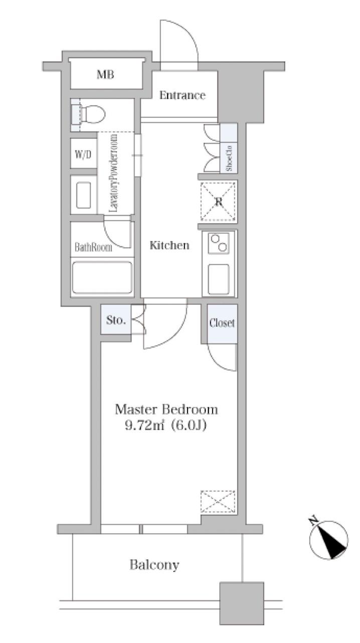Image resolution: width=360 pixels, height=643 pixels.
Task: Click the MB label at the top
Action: (105, 75)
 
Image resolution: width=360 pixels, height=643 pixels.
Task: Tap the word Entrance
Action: (183, 95)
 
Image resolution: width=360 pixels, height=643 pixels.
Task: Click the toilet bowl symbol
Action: (91, 114)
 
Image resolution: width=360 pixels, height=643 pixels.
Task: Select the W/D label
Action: (83, 154)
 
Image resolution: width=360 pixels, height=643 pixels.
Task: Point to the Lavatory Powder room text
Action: (114, 173)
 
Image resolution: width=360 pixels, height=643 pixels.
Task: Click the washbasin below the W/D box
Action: (84, 195)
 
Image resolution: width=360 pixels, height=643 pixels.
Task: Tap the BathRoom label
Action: (93, 247)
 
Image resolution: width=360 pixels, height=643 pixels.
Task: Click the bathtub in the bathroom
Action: (102, 278)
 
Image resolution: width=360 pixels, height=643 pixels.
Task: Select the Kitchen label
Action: (169, 246)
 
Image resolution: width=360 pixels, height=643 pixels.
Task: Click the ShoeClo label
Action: (229, 158)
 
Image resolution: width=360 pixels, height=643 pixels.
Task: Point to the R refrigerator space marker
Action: (218, 201)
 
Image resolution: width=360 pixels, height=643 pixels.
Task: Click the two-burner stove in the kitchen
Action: (219, 243)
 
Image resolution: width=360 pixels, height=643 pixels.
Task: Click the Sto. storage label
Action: (116, 320)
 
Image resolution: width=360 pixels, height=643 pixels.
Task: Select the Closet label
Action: (222, 323)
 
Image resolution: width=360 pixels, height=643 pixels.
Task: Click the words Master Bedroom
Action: (166, 409)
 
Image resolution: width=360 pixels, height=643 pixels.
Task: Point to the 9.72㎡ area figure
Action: (144, 425)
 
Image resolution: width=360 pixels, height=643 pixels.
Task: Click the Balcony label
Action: (154, 565)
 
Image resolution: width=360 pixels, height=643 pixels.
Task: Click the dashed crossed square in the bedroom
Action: (218, 502)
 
